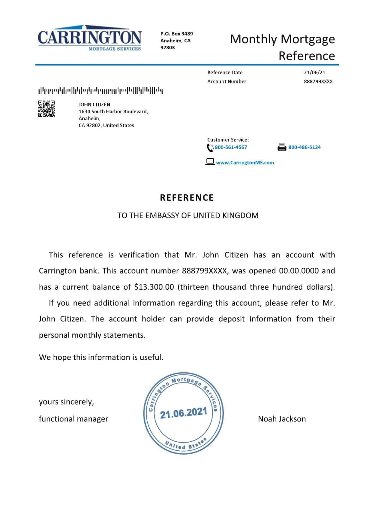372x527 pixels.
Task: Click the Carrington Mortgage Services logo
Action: pos(89,38)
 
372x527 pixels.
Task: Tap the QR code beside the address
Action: pos(46,109)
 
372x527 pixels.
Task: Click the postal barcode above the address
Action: pos(100,90)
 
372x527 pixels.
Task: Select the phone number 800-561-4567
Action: pos(231,147)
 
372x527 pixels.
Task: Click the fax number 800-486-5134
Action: pos(304,147)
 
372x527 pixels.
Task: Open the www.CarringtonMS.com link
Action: pos(245,163)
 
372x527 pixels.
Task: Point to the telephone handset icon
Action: pos(210,148)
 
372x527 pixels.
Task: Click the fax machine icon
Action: pos(282,147)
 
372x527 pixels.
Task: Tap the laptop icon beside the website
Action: pos(210,162)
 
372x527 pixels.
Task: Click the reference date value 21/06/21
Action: pos(314,72)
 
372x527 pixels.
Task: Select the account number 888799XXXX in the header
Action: pos(318,81)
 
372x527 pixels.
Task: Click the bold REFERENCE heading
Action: pos(187,198)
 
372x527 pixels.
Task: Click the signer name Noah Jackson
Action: pos(282,419)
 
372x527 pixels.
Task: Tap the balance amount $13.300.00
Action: pos(154,287)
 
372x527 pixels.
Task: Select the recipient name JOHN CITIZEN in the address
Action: pos(94,105)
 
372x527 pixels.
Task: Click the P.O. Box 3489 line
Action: pos(176,34)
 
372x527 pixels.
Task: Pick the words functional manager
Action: pos(73,419)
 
